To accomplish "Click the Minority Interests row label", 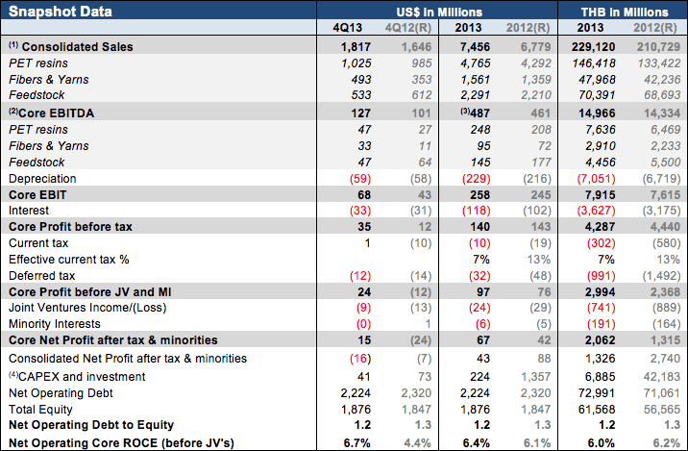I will pos(55,324).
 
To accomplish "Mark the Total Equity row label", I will pos(41,408).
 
